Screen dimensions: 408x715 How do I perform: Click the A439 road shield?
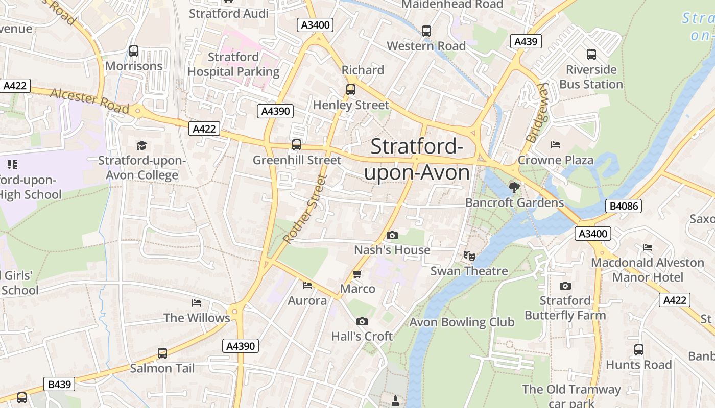pos(526,42)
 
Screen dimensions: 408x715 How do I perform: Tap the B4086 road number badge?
pos(623,206)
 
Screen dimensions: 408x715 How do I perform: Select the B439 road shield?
pos(59,384)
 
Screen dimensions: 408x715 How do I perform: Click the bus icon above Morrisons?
pos(134,51)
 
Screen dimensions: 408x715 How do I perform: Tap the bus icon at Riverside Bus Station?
pos(591,55)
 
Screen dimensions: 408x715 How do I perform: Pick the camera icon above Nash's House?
pos(392,235)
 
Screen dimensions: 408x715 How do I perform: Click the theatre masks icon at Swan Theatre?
pos(469,256)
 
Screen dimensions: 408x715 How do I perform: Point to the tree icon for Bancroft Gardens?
pos(514,188)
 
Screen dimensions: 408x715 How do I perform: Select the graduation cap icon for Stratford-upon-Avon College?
pos(141,146)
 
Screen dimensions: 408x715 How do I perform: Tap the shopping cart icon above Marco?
pos(357,274)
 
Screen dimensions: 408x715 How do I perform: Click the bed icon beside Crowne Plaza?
pos(556,145)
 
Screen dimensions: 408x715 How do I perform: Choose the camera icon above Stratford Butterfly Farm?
pos(565,286)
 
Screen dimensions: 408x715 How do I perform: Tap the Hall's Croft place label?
pos(362,336)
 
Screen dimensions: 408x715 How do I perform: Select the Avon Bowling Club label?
pos(462,322)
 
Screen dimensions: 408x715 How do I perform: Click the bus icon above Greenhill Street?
pos(297,145)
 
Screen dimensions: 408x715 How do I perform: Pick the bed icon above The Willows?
pos(197,303)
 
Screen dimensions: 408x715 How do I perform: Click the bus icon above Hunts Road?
pos(638,350)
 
